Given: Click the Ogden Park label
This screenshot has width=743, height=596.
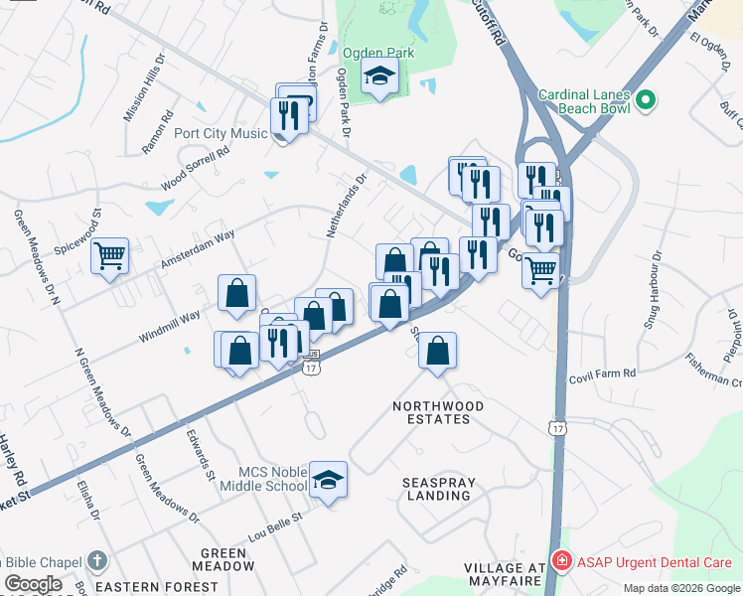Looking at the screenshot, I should pyautogui.click(x=377, y=53).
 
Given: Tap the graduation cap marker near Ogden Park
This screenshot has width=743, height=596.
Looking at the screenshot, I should pyautogui.click(x=378, y=76).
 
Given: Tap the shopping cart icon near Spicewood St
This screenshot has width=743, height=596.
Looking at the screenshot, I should pyautogui.click(x=110, y=256).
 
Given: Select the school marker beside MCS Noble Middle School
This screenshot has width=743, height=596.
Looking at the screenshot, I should pyautogui.click(x=327, y=480).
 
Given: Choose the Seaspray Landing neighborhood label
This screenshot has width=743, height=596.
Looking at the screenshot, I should pyautogui.click(x=439, y=489).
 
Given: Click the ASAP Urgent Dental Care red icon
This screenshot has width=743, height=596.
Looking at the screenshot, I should pyautogui.click(x=561, y=562).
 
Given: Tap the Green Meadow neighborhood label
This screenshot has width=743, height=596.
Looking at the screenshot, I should pyautogui.click(x=223, y=559).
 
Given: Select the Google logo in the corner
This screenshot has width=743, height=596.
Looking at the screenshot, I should pyautogui.click(x=33, y=584).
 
